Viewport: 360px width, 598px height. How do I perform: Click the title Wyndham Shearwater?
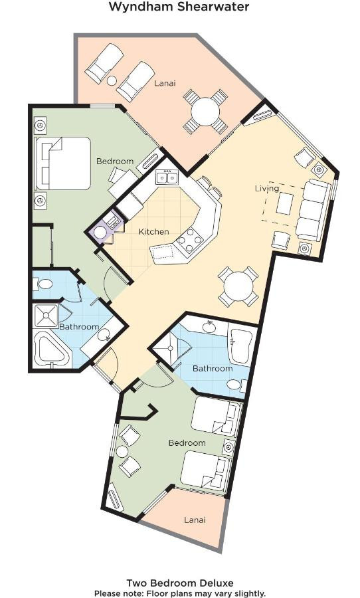pyautogui.click(x=179, y=7)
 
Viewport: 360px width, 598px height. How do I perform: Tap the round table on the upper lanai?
pyautogui.click(x=205, y=112)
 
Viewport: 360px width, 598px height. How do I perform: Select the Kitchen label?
pyautogui.click(x=153, y=231)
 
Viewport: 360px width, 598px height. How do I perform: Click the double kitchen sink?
pyautogui.click(x=167, y=177)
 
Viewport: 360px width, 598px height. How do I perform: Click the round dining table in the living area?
pyautogui.click(x=238, y=286)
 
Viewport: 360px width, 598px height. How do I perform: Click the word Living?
pyautogui.click(x=266, y=189)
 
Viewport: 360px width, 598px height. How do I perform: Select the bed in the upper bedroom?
pyautogui.click(x=63, y=163)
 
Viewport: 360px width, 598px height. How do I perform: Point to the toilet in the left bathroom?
pyautogui.click(x=43, y=284)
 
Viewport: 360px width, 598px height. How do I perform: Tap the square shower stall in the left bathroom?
pyautogui.click(x=46, y=316)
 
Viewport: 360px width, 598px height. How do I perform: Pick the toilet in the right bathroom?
pyautogui.click(x=236, y=385)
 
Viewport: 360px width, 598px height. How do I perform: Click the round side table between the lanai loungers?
pyautogui.click(x=112, y=81)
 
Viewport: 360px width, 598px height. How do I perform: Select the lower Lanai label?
pyautogui.click(x=195, y=520)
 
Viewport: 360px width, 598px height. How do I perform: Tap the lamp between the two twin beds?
pyautogui.click(x=228, y=447)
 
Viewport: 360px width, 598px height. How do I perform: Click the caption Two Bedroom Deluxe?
pyautogui.click(x=180, y=583)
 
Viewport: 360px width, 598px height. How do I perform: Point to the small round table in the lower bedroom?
pyautogui.click(x=122, y=452)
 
